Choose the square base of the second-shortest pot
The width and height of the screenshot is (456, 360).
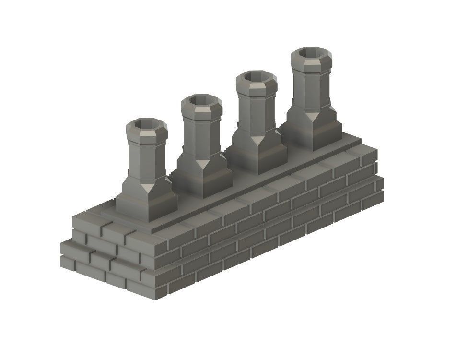click(201, 178)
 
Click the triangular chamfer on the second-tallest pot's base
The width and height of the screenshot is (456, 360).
click(257, 140)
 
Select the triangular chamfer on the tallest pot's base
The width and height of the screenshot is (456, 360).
click(312, 116)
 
